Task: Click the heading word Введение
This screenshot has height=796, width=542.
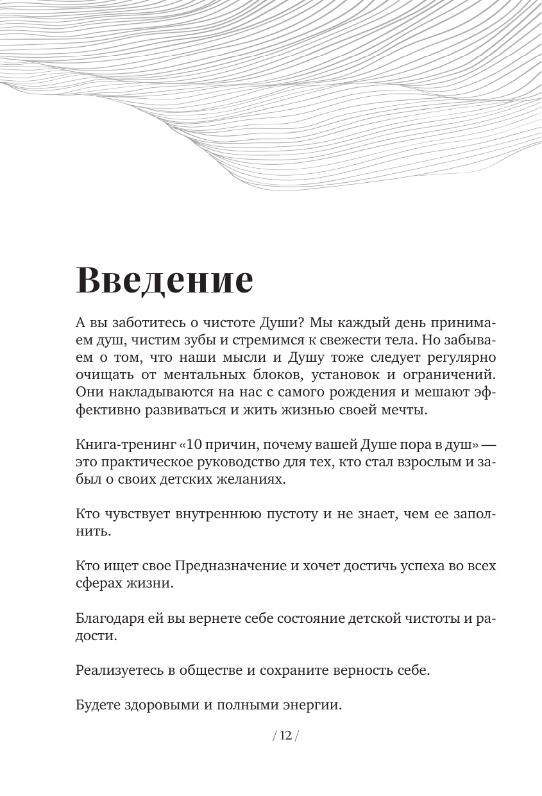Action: pyautogui.click(x=165, y=280)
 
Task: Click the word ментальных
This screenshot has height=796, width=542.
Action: pyautogui.click(x=218, y=375)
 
